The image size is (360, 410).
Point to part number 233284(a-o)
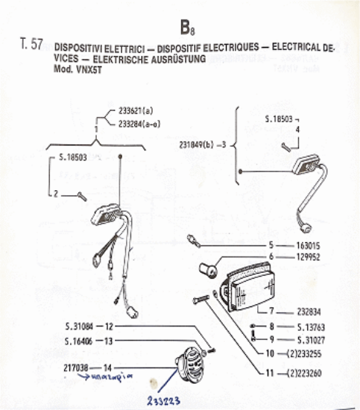click(x=138, y=124)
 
